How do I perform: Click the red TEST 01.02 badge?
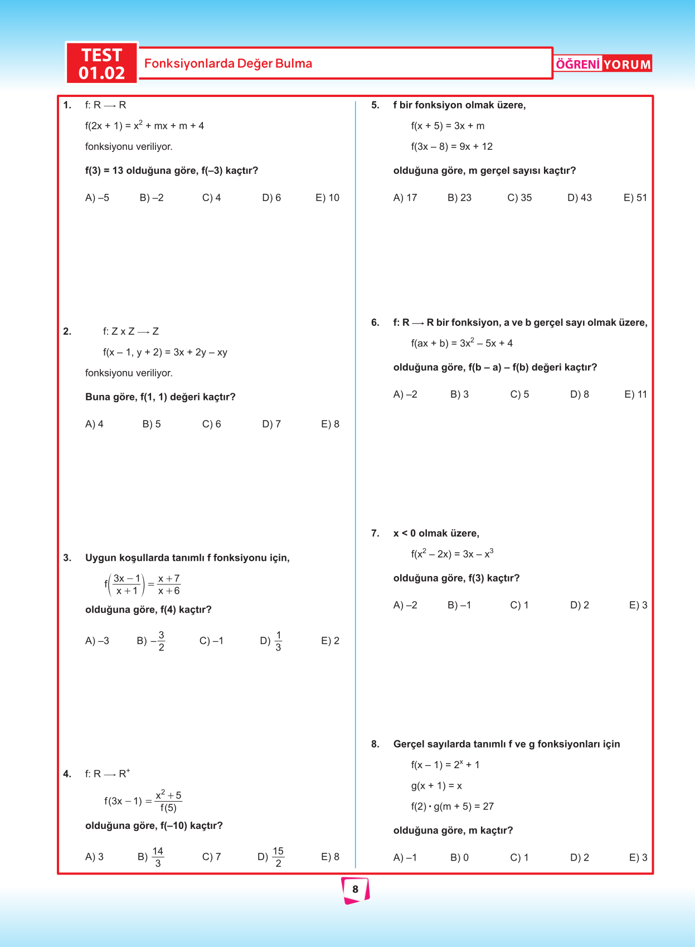[x=101, y=64]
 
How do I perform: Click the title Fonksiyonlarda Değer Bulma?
[x=228, y=64]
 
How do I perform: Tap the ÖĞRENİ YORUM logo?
[x=603, y=64]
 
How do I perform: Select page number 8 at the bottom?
[x=355, y=889]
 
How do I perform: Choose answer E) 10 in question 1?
[x=327, y=198]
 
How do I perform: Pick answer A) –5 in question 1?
[x=97, y=198]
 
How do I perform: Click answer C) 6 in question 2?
[x=211, y=424]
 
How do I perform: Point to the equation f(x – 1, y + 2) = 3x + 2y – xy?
[x=165, y=353]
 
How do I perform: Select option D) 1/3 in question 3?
[x=271, y=641]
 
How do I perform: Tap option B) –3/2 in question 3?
[x=150, y=641]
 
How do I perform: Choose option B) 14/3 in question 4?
[x=150, y=857]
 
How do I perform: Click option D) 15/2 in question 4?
[x=271, y=857]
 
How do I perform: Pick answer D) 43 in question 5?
[x=580, y=198]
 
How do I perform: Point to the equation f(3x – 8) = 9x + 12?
[x=452, y=147]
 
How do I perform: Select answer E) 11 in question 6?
[x=635, y=394]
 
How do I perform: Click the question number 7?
[x=375, y=534]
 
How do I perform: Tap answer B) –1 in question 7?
[x=459, y=606]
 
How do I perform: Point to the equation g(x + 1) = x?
[x=436, y=786]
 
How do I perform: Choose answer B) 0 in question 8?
[x=459, y=858]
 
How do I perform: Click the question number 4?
[x=67, y=774]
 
